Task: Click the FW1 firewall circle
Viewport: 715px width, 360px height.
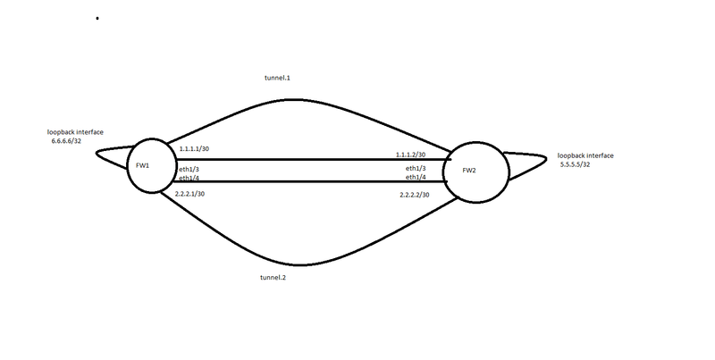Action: (x=152, y=165)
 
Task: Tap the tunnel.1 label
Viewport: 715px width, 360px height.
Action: (x=277, y=79)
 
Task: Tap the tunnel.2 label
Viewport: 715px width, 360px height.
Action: (x=272, y=277)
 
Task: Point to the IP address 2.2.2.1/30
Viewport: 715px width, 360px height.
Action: (x=191, y=193)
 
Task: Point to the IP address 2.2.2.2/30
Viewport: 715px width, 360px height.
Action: (x=414, y=195)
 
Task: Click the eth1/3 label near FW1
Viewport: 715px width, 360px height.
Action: (x=189, y=169)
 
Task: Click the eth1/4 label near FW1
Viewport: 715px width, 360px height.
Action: (x=189, y=178)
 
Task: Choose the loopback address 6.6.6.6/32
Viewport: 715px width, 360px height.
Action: (x=67, y=140)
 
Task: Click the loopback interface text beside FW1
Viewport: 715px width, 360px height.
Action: (x=77, y=131)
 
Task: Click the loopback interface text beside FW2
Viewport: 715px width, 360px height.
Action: (x=585, y=155)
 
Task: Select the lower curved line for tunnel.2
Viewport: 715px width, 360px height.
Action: (x=304, y=265)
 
